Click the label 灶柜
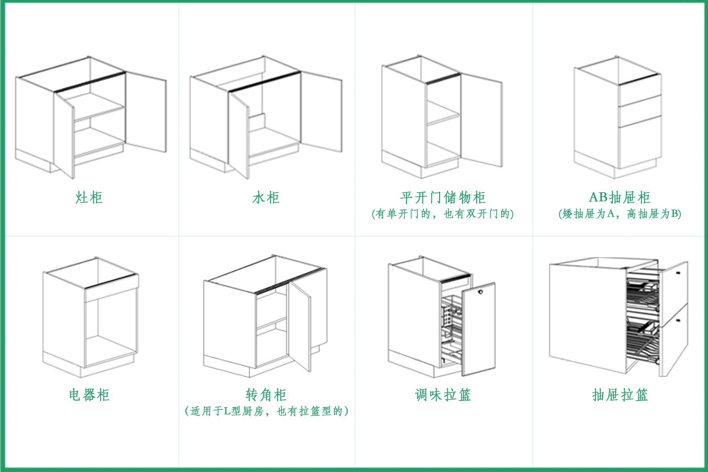click(x=89, y=197)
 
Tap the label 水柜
click(x=266, y=197)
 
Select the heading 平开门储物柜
click(x=443, y=197)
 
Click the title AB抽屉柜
click(x=619, y=197)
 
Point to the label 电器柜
click(x=89, y=395)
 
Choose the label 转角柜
click(x=266, y=395)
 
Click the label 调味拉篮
click(x=443, y=395)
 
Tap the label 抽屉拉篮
click(x=620, y=395)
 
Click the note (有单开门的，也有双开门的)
click(x=443, y=214)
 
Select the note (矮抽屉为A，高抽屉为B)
click(x=620, y=214)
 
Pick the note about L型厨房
click(x=266, y=411)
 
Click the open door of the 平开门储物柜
click(x=481, y=118)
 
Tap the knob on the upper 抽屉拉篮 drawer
click(x=678, y=273)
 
